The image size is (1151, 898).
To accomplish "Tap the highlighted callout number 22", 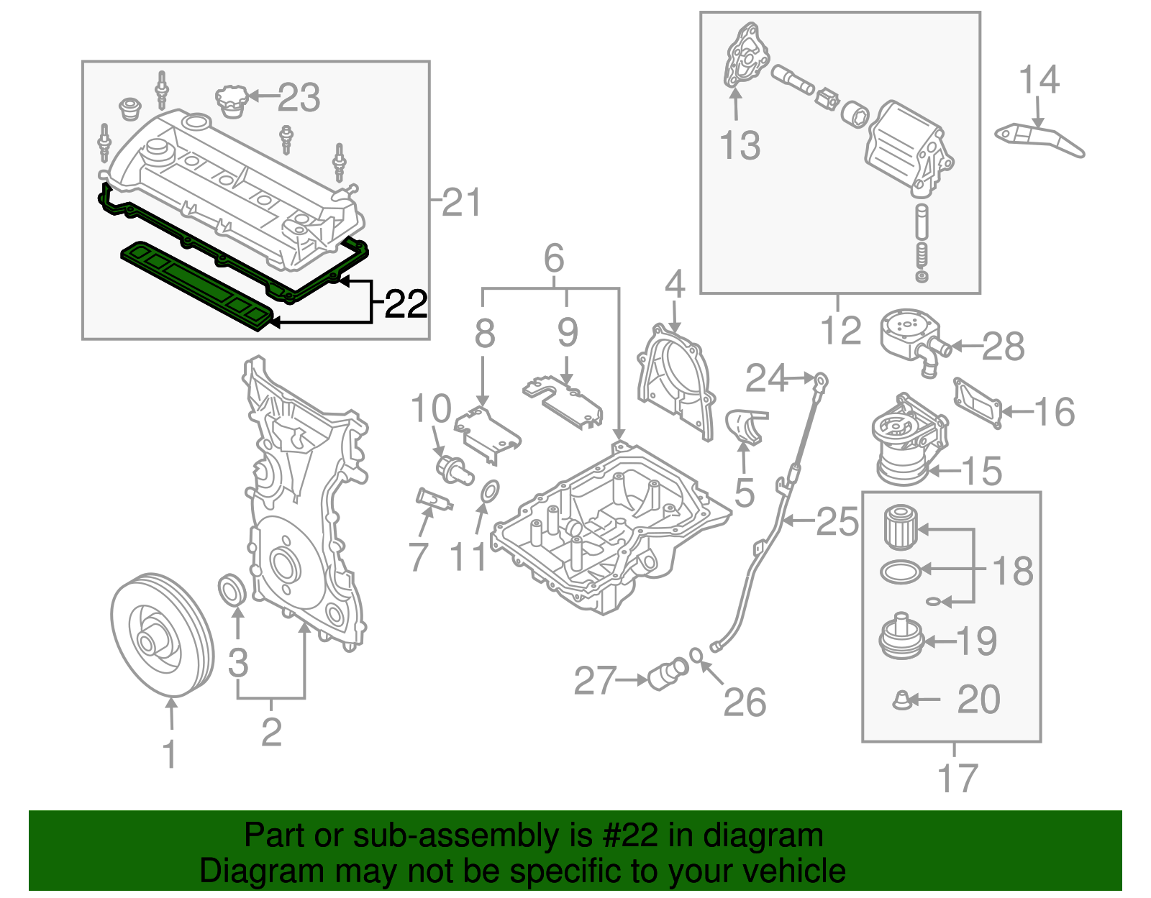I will pyautogui.click(x=406, y=305).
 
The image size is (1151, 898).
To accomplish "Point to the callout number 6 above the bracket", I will pyautogui.click(x=553, y=258).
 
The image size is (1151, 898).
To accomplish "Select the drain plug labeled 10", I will pyautogui.click(x=454, y=468).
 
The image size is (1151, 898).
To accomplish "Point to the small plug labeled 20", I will pyautogui.click(x=901, y=700).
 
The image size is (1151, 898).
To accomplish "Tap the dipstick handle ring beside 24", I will pyautogui.click(x=821, y=378).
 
